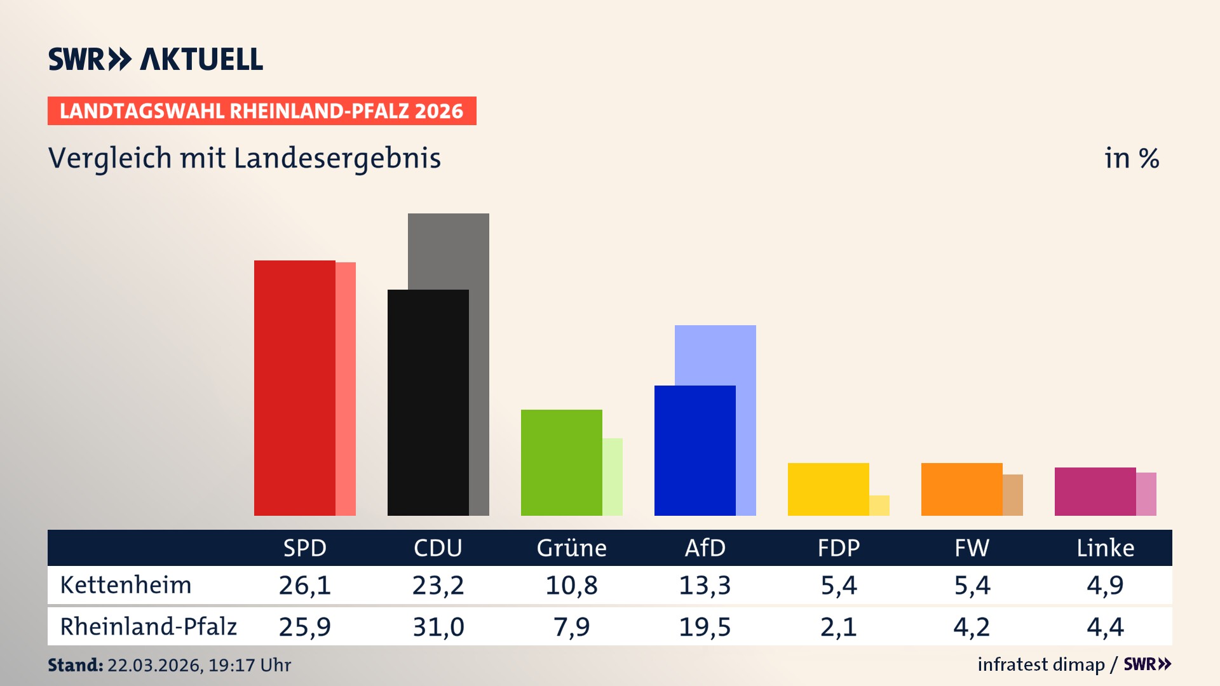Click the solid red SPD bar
[x=294, y=387]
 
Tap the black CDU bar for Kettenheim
[x=428, y=402]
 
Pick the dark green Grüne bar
[x=561, y=462]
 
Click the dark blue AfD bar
[x=695, y=450]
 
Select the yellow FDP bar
[x=828, y=489]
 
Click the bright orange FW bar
[x=961, y=489]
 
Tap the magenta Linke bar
[x=1095, y=491]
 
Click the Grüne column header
[x=571, y=548]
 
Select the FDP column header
[x=838, y=548]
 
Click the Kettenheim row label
[x=126, y=585]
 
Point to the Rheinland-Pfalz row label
[x=148, y=626]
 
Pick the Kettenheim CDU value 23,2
[x=438, y=585]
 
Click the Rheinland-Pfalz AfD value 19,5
[x=705, y=627]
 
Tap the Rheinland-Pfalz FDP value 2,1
[x=838, y=627]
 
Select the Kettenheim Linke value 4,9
[x=1105, y=585]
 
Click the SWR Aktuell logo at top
[x=156, y=59]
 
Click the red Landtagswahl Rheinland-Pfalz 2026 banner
[x=262, y=111]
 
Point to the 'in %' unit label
[x=1131, y=158]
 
